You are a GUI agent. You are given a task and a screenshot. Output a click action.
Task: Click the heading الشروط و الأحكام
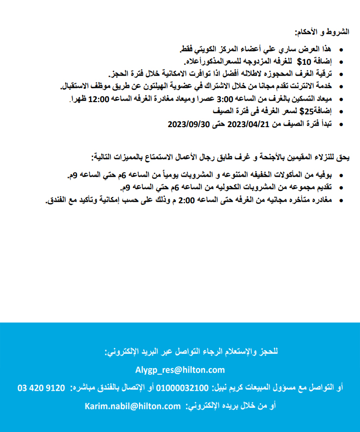(x=322, y=32)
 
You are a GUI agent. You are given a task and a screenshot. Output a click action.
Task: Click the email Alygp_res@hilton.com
(x=180, y=370)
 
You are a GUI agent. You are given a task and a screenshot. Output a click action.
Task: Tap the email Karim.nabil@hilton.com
(x=133, y=406)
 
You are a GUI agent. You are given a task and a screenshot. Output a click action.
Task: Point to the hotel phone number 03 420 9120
(x=41, y=388)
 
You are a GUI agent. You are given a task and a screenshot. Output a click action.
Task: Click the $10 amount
(x=304, y=62)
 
